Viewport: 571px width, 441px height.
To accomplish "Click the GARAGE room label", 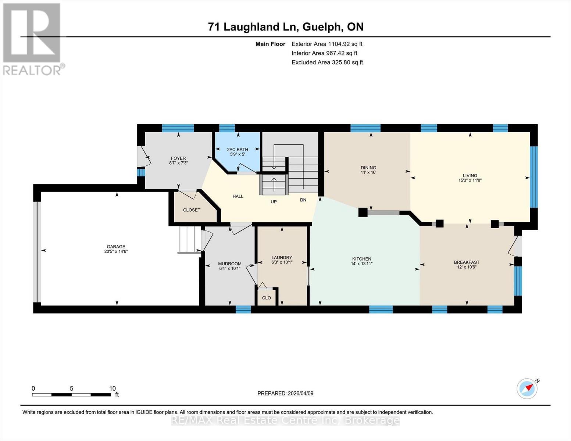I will pyautogui.click(x=116, y=247).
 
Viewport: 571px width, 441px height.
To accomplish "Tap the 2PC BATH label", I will pyautogui.click(x=238, y=149).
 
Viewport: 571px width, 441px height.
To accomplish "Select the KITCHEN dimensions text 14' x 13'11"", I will pyautogui.click(x=362, y=263).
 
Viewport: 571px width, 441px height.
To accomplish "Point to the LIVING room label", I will pyautogui.click(x=470, y=175).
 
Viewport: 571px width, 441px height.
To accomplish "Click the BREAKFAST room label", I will pyautogui.click(x=467, y=262).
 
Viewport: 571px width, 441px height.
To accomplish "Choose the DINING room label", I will pyautogui.click(x=368, y=168).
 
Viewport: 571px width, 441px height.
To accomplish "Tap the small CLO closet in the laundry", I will pyautogui.click(x=266, y=298).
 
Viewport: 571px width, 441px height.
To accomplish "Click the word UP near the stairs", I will pyautogui.click(x=274, y=201).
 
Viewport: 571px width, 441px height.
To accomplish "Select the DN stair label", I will pyautogui.click(x=303, y=200).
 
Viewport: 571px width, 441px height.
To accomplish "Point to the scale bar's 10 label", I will pyautogui.click(x=113, y=388).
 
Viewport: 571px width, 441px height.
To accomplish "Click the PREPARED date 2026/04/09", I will pyautogui.click(x=285, y=393).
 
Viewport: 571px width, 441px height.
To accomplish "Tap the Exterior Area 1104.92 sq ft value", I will pyautogui.click(x=327, y=44).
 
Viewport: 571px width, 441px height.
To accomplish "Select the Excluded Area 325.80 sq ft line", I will pyautogui.click(x=327, y=62).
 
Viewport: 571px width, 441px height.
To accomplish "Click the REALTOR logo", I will pyautogui.click(x=32, y=39).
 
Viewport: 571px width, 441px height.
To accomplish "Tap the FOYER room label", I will pyautogui.click(x=178, y=158).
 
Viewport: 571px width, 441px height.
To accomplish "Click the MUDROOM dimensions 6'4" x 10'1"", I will pyautogui.click(x=230, y=268).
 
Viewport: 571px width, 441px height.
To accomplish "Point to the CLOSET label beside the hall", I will pyautogui.click(x=192, y=210).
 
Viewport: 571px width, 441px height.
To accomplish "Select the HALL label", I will pyautogui.click(x=238, y=196).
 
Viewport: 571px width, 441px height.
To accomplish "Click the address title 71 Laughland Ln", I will pyautogui.click(x=254, y=27).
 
